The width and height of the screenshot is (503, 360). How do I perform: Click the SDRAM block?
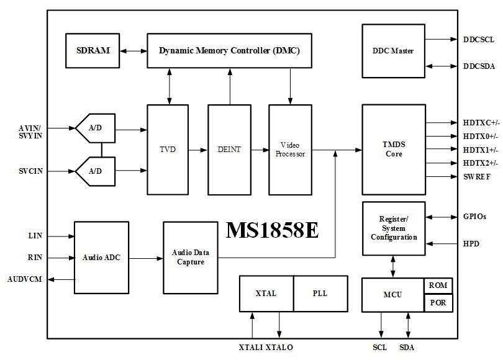click(x=93, y=51)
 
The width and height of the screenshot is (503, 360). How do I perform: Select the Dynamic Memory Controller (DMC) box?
click(x=229, y=51)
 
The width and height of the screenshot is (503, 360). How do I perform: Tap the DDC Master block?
click(x=393, y=51)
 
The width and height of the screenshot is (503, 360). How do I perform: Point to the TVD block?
click(x=168, y=150)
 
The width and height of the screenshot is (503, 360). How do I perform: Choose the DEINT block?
click(x=229, y=150)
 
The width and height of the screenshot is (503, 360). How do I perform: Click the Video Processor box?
click(x=290, y=150)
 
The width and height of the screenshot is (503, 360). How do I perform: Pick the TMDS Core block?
click(x=393, y=150)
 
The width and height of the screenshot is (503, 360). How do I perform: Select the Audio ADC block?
click(x=101, y=258)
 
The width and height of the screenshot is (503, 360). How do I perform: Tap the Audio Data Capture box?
click(x=191, y=258)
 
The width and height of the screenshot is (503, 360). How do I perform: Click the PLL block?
click(x=320, y=293)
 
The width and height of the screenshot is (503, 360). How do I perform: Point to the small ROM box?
click(x=438, y=286)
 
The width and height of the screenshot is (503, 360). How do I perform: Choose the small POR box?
click(x=438, y=303)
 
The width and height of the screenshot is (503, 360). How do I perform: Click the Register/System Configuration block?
click(x=394, y=228)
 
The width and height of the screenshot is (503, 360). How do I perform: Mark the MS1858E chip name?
click(x=272, y=230)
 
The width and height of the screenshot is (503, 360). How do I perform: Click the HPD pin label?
click(x=471, y=244)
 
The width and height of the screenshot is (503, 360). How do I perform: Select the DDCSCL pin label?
click(x=479, y=40)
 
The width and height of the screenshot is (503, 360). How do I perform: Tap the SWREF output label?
click(x=477, y=177)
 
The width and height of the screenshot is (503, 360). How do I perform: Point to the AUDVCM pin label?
click(x=25, y=279)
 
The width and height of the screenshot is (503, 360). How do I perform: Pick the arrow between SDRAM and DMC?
click(x=133, y=51)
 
